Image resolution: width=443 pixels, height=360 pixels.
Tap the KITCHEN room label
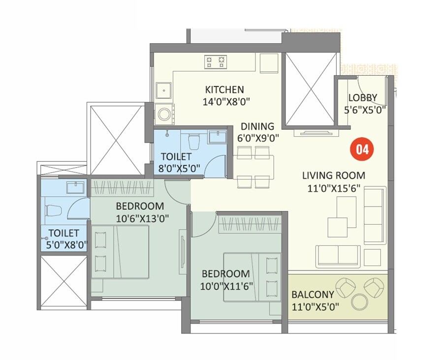[224, 90]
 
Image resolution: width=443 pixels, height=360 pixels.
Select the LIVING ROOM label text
[333, 175]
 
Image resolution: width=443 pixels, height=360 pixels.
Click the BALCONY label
[313, 295]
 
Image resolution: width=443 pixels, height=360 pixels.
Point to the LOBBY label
[362, 97]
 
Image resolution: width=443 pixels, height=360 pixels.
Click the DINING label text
[257, 126]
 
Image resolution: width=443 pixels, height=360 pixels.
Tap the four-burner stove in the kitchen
[216, 62]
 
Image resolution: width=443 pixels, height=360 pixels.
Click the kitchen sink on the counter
[163, 90]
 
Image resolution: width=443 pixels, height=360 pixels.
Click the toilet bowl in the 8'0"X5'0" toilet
[193, 142]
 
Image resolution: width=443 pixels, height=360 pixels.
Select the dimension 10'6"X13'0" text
[140, 218]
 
